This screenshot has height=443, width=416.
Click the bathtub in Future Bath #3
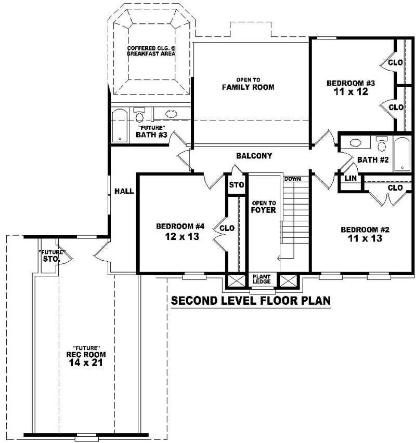click(120, 125)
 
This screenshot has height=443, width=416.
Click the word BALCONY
click(254, 156)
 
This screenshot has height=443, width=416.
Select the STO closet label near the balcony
click(237, 184)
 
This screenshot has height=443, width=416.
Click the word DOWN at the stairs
click(292, 179)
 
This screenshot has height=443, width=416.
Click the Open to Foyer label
click(263, 206)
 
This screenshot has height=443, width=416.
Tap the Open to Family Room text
click(248, 84)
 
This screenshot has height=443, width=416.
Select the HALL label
click(124, 191)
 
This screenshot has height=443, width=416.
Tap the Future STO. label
click(50, 256)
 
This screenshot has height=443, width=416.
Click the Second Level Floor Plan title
click(251, 301)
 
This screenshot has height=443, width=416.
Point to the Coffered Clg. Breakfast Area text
click(151, 51)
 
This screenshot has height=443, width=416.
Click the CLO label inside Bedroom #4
click(227, 228)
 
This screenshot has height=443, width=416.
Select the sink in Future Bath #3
click(171, 113)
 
